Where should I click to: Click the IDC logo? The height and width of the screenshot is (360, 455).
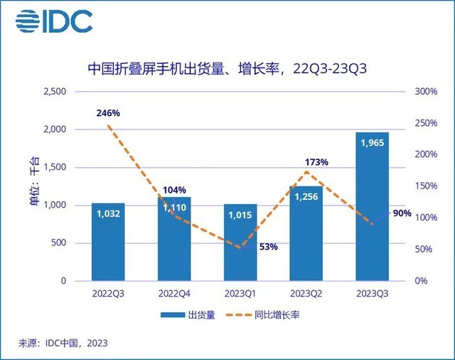click(54, 22)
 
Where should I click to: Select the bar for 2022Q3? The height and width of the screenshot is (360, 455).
click(108, 242)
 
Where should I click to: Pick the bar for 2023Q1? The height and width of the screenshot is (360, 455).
click(240, 243)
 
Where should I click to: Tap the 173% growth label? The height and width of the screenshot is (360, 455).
click(316, 162)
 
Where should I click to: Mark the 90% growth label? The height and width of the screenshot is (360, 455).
click(402, 213)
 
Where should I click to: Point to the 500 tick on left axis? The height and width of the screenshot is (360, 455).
click(60, 243)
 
